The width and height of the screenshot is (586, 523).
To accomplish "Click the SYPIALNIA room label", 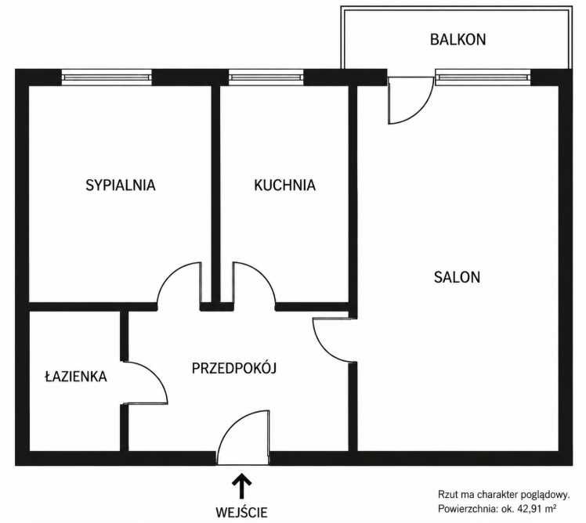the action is click(121, 186).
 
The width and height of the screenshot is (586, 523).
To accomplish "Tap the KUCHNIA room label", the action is click(285, 186).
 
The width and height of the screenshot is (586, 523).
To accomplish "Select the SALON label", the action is click(457, 277).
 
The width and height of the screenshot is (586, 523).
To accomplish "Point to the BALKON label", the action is click(458, 39).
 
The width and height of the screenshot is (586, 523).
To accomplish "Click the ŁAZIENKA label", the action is click(76, 376).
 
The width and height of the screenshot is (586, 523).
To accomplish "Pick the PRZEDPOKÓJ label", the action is click(234, 368).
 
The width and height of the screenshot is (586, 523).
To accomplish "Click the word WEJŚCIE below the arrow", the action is click(241, 512).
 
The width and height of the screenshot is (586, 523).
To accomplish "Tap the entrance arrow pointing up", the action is click(241, 485).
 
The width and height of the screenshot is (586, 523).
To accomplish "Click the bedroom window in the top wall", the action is click(107, 78).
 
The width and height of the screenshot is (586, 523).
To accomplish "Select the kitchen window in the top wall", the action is click(266, 78).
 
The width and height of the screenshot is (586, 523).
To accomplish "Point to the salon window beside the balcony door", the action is click(483, 78).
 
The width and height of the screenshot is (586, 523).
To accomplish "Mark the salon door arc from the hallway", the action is click(326, 349).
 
